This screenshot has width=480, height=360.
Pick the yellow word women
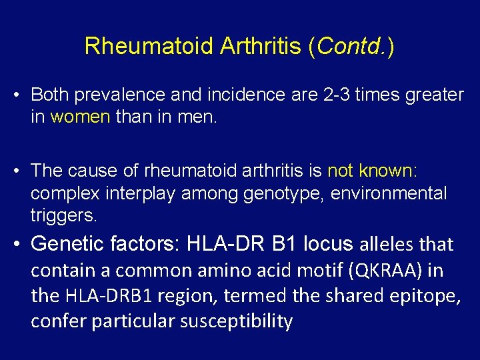(80, 117)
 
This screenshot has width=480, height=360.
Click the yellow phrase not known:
(372, 171)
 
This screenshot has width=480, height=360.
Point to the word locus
(327, 244)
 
